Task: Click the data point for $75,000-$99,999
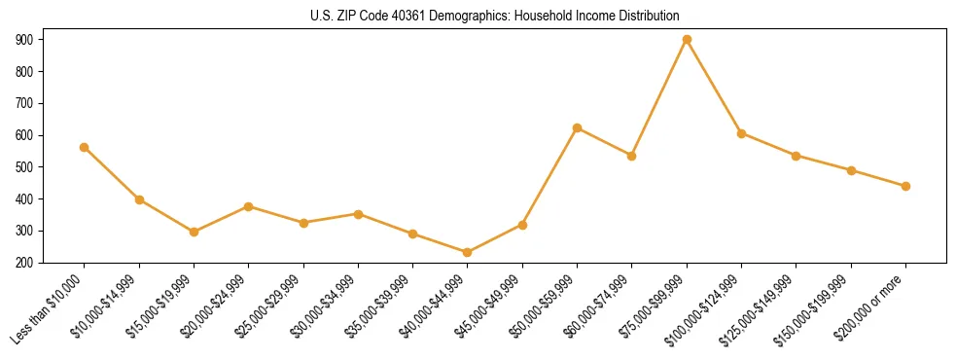coord(687,40)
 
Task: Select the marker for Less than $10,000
coord(85,148)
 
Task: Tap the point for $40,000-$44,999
coord(468,253)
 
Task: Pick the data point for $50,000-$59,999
coord(578,128)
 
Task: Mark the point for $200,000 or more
coord(905,186)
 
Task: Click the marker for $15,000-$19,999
coord(194,232)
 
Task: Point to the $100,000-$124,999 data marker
coord(742,133)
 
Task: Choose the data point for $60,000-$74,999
coord(632,156)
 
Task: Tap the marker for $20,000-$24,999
coord(249,206)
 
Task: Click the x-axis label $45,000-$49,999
coord(490,306)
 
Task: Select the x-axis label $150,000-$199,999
coord(818,307)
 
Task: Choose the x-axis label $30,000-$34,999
coord(326,306)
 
